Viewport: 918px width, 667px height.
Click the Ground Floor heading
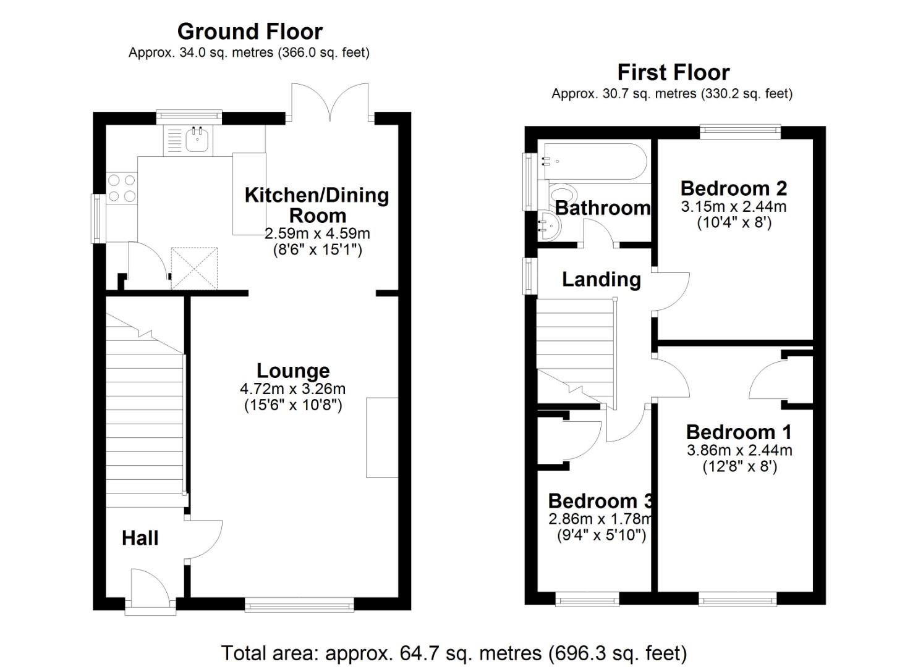250,31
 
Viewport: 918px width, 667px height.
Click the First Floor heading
673,72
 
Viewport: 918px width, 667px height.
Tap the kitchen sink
196,140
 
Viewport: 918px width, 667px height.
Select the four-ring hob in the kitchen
122,188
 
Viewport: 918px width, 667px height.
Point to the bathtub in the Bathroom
592,161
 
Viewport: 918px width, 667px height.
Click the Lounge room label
293,371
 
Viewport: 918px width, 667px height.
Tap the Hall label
140,538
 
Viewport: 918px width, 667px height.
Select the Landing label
601,279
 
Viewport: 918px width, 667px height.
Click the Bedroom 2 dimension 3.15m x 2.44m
733,206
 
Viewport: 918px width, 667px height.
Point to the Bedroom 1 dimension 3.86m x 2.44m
739,450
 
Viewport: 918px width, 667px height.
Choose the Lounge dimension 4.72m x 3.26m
292,388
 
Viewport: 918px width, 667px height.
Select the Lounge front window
299,603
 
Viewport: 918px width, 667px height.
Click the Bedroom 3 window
587,598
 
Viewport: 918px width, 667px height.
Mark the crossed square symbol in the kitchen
195,269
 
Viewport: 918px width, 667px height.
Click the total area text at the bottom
454,653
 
